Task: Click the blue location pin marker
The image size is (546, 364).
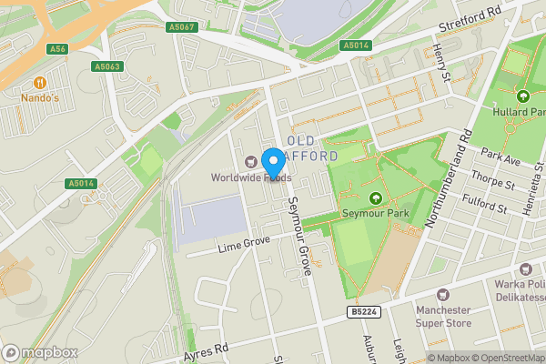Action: pos(272,161)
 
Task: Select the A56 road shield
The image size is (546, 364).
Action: pos(58,48)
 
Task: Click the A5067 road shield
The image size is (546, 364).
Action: pos(183,27)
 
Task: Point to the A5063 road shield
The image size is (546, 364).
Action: pos(107,66)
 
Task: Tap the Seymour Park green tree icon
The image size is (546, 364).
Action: pos(374,198)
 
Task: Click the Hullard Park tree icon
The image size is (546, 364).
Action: pos(522,96)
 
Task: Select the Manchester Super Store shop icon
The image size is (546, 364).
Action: pos(443,296)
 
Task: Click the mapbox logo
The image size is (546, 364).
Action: pos(41,353)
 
